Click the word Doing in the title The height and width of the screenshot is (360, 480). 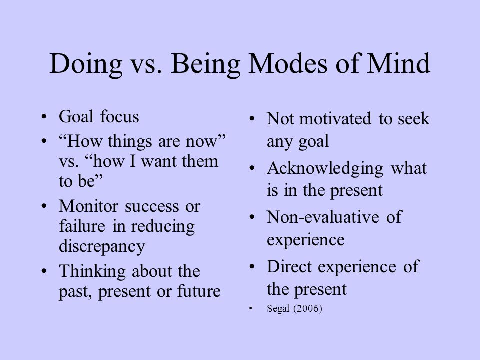(x=86, y=64)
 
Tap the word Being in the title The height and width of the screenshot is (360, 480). (x=205, y=64)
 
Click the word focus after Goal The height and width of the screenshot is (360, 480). (x=119, y=116)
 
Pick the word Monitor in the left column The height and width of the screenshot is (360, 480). (x=89, y=206)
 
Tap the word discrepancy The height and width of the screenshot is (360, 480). (x=102, y=246)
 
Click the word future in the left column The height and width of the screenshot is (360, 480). (x=199, y=291)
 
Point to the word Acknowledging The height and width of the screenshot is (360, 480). (x=325, y=169)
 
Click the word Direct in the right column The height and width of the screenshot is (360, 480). (x=289, y=266)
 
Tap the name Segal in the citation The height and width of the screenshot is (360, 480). (x=278, y=309)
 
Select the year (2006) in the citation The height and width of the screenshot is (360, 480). (x=308, y=308)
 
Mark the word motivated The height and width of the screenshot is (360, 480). (x=335, y=119)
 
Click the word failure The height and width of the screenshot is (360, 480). (x=82, y=226)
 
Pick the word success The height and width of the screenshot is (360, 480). (x=152, y=207)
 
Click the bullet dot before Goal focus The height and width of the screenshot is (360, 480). (x=44, y=117)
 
